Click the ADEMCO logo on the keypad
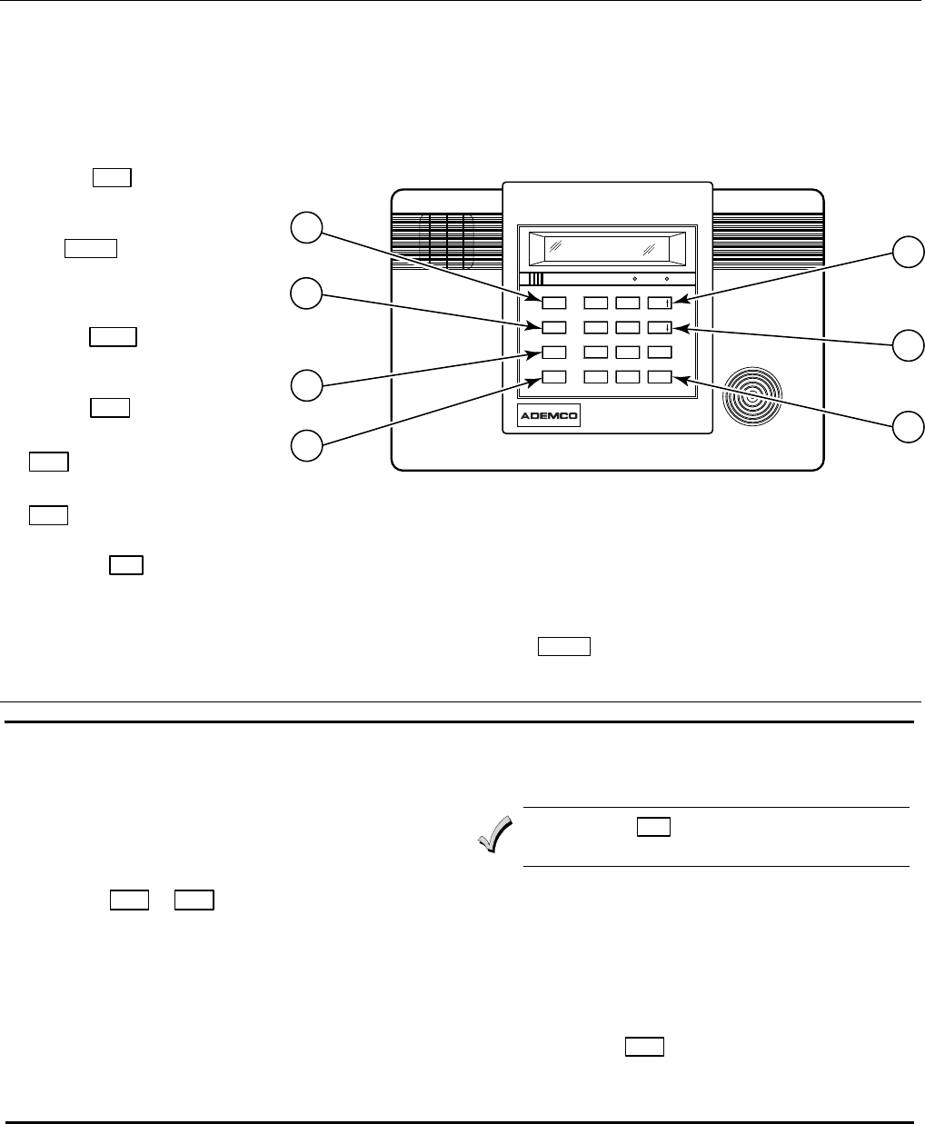coord(548,416)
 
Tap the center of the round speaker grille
coord(754,397)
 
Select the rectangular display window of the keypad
coord(601,246)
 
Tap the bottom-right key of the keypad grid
coord(660,377)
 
